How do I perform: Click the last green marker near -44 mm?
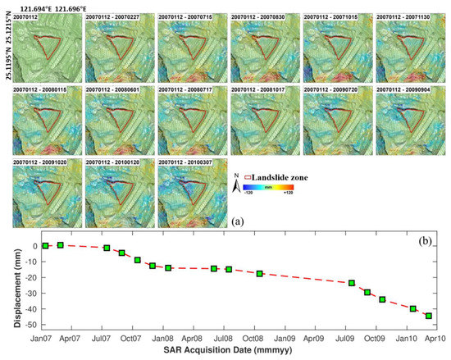point(428,316)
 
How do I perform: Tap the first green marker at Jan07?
point(46,245)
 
